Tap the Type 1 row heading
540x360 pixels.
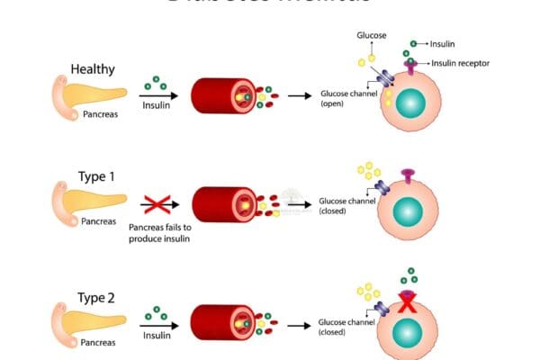(x=87, y=176)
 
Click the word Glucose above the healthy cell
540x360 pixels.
(x=371, y=37)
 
